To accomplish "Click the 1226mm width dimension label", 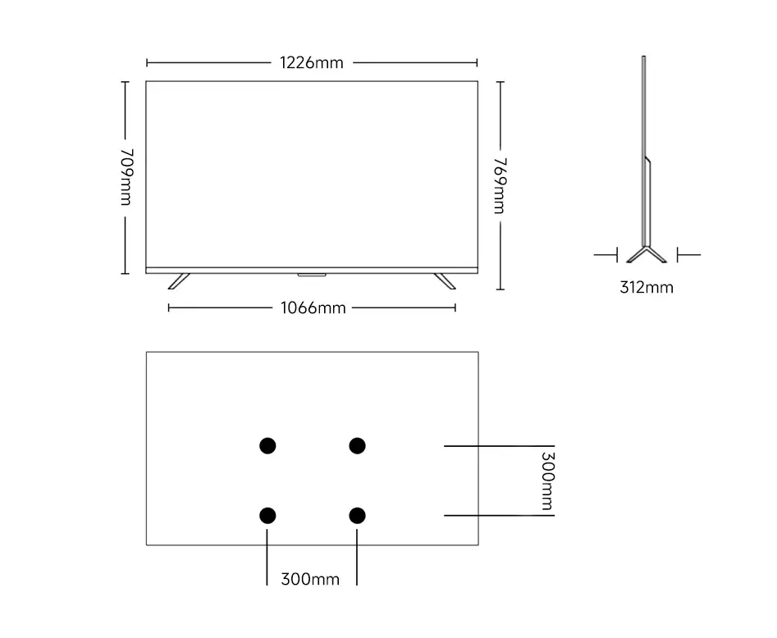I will tap(312, 62).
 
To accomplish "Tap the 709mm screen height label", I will tap(126, 177).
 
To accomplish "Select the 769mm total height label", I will tap(499, 185).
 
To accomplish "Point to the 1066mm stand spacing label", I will tap(312, 308).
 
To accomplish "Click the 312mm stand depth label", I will tap(647, 287).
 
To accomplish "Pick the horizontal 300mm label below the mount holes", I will tap(310, 579).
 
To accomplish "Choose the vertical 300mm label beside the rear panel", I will tap(547, 480).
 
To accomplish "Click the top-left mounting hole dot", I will tap(267, 445).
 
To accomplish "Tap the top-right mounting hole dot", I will tap(357, 445).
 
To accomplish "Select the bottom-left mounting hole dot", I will tap(267, 515).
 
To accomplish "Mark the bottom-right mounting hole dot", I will tap(357, 515).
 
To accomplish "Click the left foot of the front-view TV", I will tap(178, 280).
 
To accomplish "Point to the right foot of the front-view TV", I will tap(445, 280).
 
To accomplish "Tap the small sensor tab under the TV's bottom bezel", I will tap(311, 274).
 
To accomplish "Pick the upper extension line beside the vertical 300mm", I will tap(492, 445).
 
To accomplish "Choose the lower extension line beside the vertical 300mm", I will tap(492, 515).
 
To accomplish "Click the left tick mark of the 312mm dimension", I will tap(616, 255).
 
